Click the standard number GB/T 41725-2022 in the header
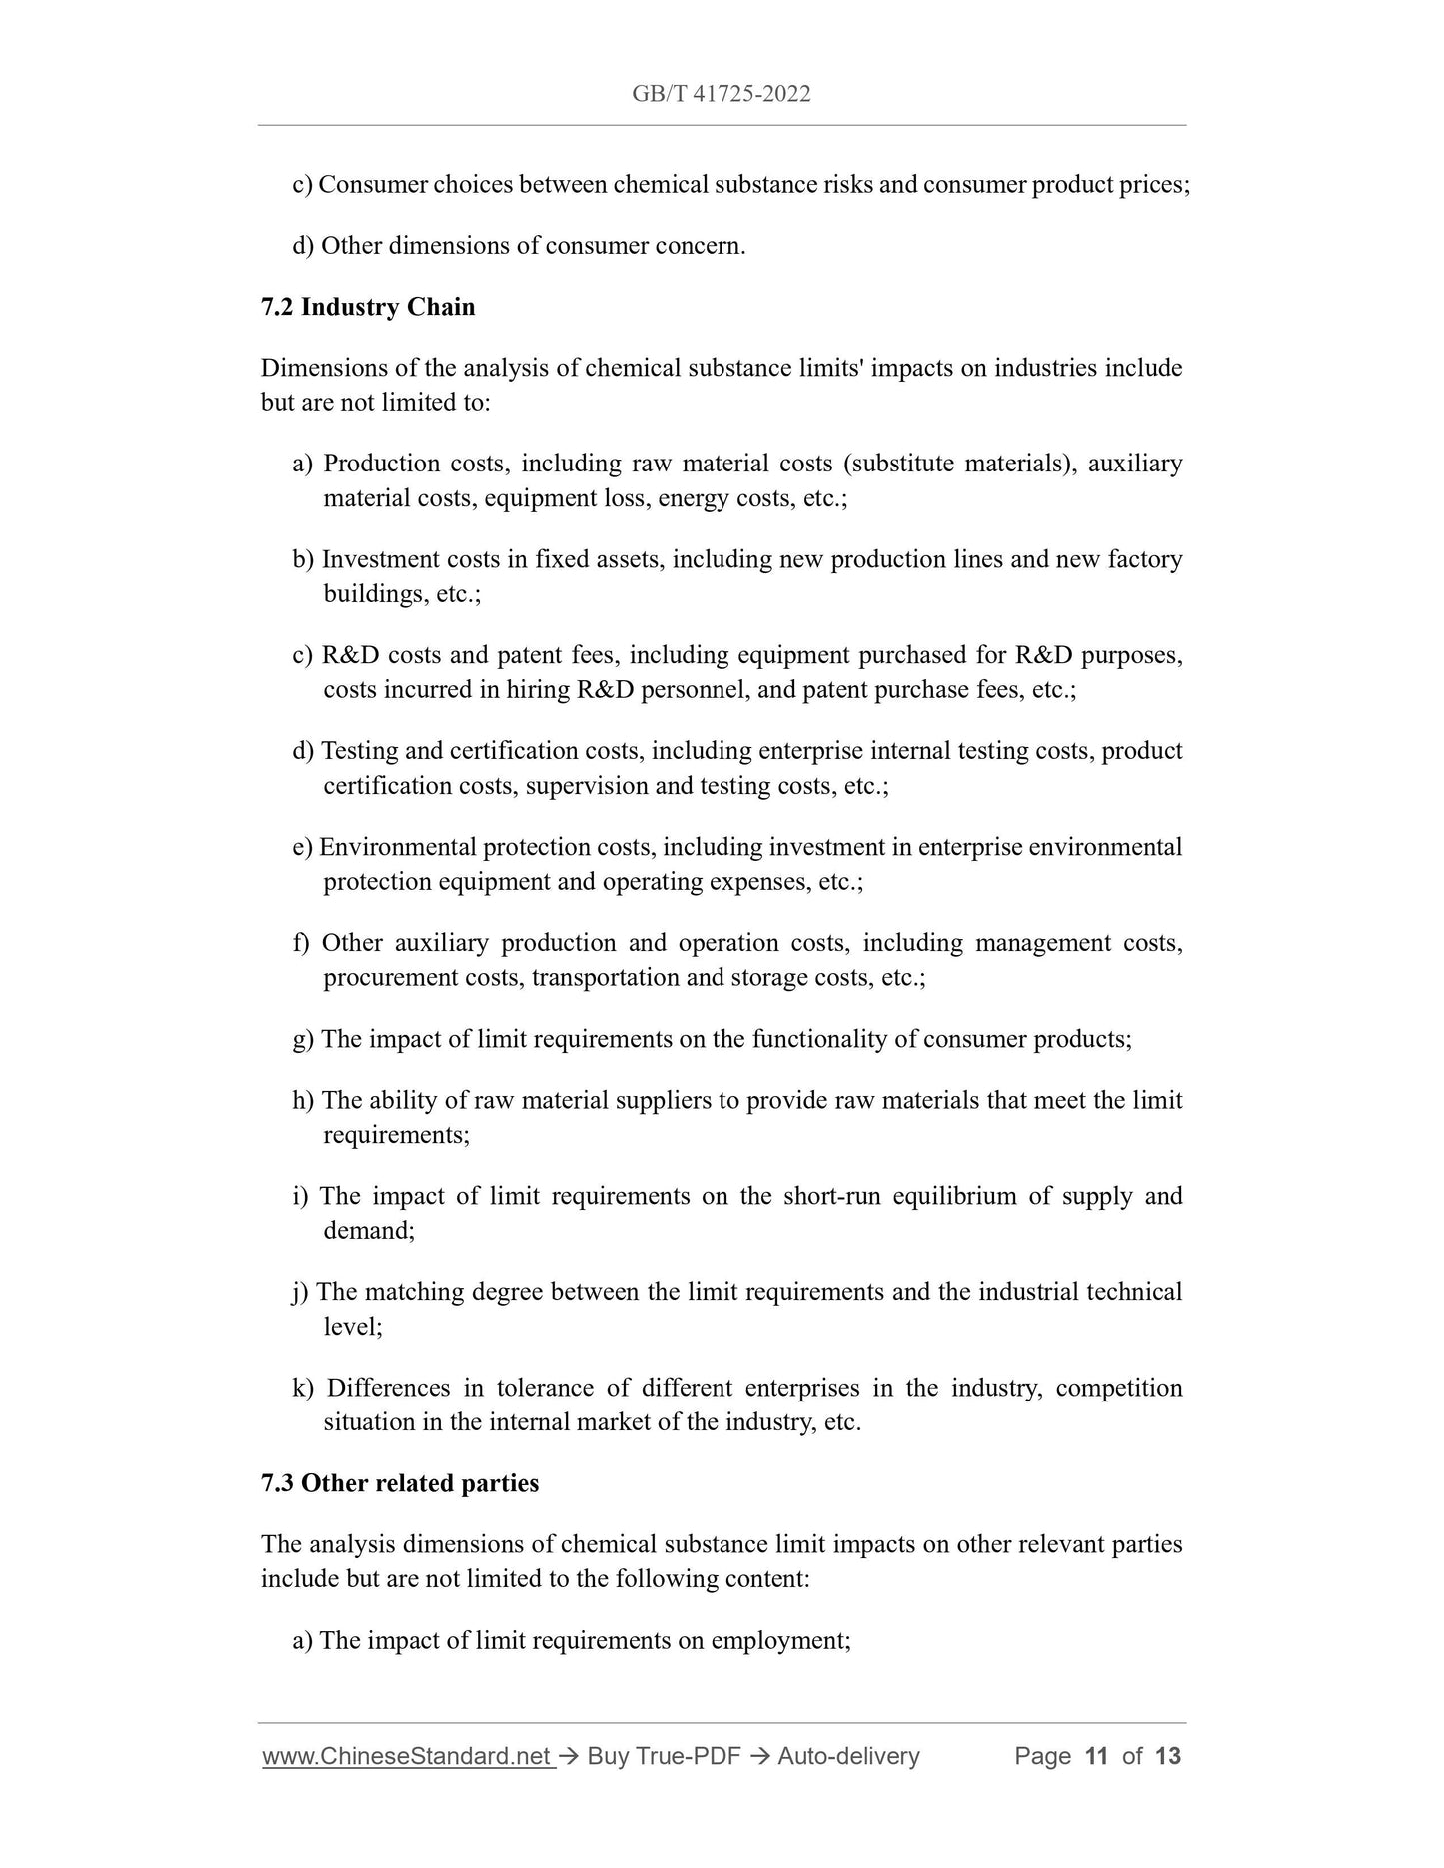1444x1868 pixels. click(721, 94)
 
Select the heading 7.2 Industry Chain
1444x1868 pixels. click(368, 307)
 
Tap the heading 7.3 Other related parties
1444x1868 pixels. click(399, 1483)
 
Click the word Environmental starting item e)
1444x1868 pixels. click(398, 847)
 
